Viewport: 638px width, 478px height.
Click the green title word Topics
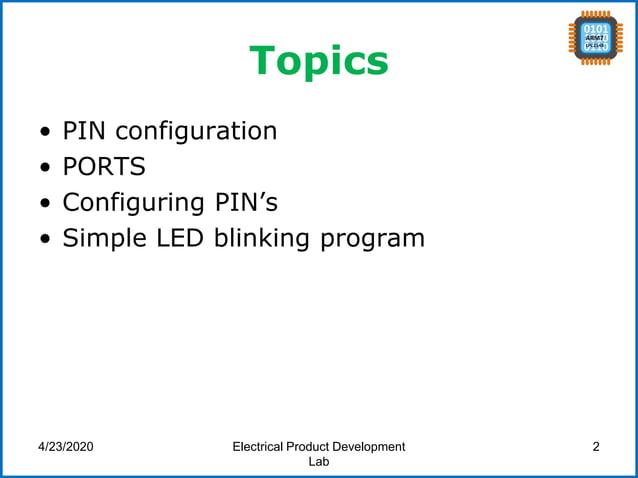click(x=319, y=61)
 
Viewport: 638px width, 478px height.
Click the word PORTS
click(x=104, y=166)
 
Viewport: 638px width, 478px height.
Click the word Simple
click(x=105, y=239)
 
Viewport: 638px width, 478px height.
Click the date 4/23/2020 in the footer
click(x=66, y=447)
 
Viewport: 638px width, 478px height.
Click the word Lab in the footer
click(x=318, y=462)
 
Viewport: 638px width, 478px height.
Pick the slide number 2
click(x=596, y=447)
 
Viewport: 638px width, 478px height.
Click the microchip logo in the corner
click(x=597, y=38)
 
